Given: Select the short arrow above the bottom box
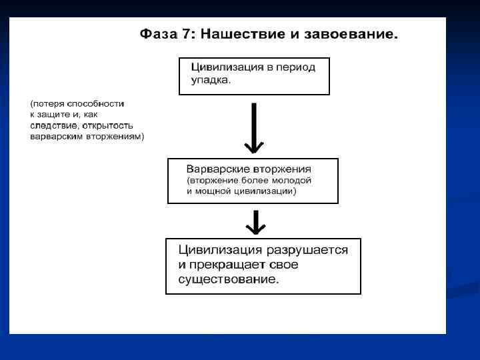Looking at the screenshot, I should click(x=254, y=221).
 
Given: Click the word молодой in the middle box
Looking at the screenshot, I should click(x=292, y=180).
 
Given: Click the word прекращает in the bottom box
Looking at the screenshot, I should click(x=231, y=265).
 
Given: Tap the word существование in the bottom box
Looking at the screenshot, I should click(x=228, y=279).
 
